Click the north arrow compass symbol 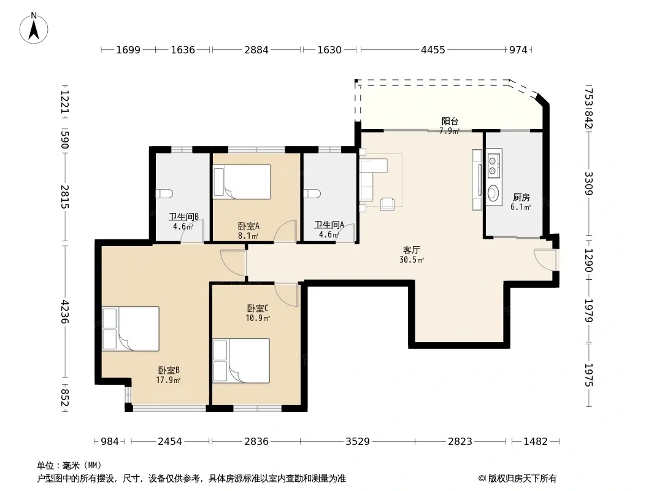pos(34,28)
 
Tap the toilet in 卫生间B pos(164,193)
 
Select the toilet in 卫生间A pos(312,193)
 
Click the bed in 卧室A pos(242,180)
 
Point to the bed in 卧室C pos(241,360)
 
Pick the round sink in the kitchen pos(494,193)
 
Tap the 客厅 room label pos(411,250)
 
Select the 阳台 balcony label pos(450,121)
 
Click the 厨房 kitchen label pos(521,197)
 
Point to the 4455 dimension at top pos(433,50)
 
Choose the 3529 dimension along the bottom pos(358,441)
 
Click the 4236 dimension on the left pos(64,312)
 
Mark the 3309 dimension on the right pos(588,184)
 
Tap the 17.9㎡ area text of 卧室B pos(168,380)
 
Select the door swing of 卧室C pos(286,295)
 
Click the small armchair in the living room pos(387,204)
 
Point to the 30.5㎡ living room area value pos(412,260)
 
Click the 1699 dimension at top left pos(128,50)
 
